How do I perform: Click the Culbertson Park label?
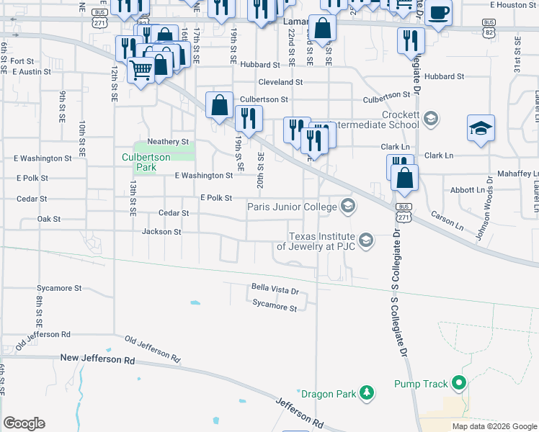coord(146,162)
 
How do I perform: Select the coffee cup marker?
coord(438,13)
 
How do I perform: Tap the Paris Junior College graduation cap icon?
coord(349,207)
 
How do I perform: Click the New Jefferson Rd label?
coord(97,358)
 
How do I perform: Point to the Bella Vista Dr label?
coord(275,289)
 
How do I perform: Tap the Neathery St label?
coord(167,141)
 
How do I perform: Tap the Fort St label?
coord(22,61)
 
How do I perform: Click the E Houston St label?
coord(513,5)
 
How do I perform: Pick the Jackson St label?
coord(161,232)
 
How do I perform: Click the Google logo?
coord(24,423)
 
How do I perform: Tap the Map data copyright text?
coord(494,426)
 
